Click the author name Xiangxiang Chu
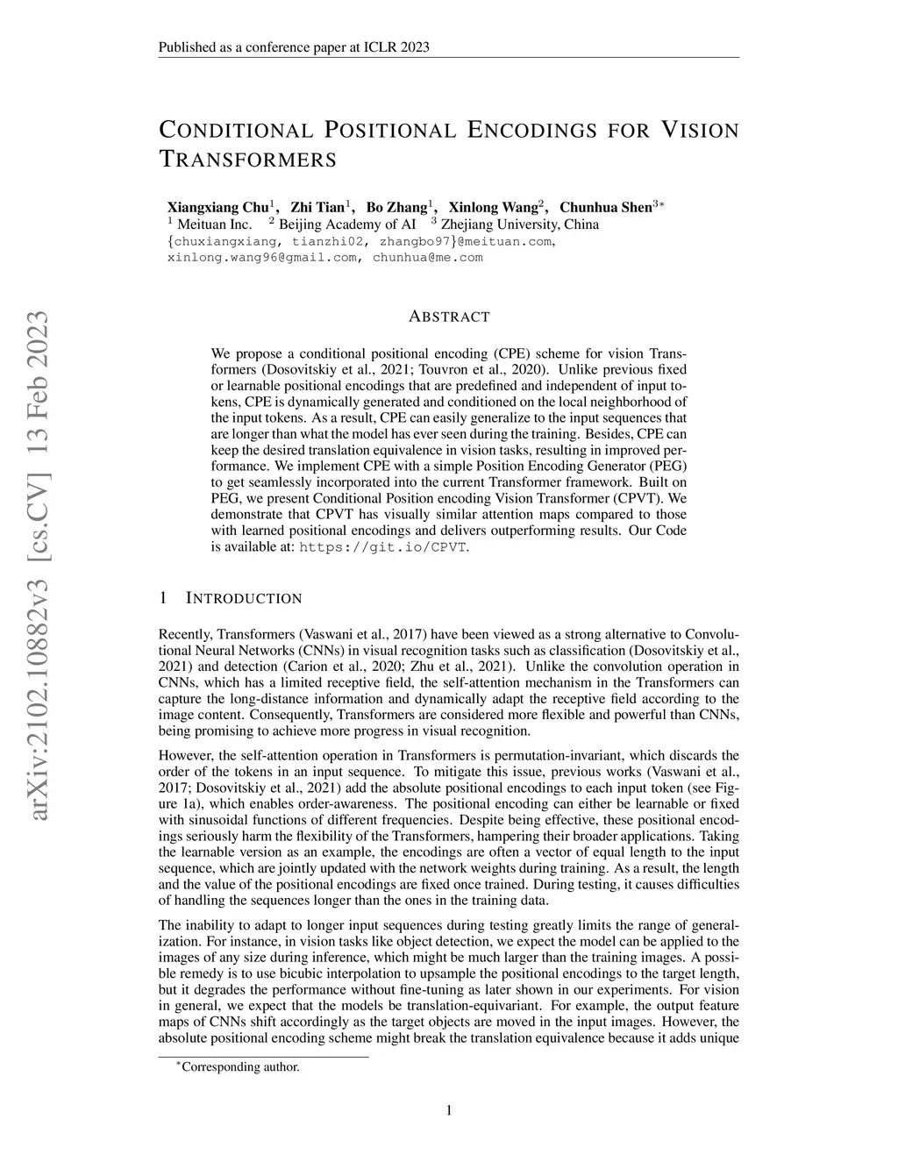pyautogui.click(x=217, y=208)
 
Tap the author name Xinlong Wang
pyautogui.click(x=495, y=208)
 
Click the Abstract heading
pyautogui.click(x=449, y=317)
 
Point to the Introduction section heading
pyautogui.click(x=244, y=598)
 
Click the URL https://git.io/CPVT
pyautogui.click(x=384, y=547)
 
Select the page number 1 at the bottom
pyautogui.click(x=449, y=1111)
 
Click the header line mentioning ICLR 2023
pyautogui.click(x=294, y=47)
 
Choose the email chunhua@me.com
pyautogui.click(x=428, y=258)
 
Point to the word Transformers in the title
pyautogui.click(x=247, y=160)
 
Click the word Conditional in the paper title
pyautogui.click(x=236, y=131)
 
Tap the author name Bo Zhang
pyautogui.click(x=396, y=208)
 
